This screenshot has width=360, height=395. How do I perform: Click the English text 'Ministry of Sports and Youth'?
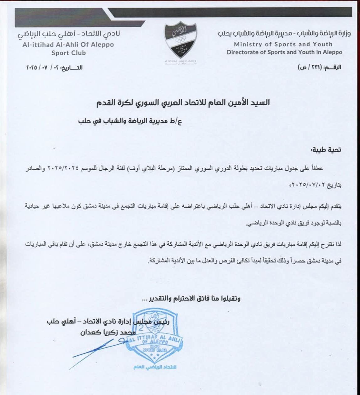[x=283, y=44]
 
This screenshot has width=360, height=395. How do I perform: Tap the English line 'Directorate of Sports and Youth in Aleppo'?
[x=284, y=52]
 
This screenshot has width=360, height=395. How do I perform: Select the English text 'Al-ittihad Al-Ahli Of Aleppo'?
[x=68, y=45]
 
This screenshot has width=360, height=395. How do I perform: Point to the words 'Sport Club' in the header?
[x=68, y=52]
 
